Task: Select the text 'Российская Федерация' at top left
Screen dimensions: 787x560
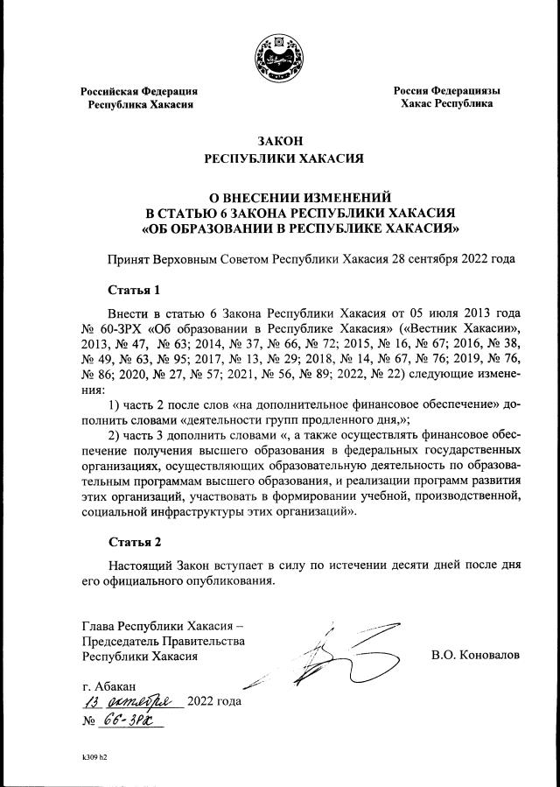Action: click(x=139, y=91)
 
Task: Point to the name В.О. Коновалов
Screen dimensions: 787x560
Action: click(x=475, y=654)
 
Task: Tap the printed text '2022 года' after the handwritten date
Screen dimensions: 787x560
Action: click(x=214, y=702)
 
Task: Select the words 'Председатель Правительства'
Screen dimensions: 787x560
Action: click(x=163, y=641)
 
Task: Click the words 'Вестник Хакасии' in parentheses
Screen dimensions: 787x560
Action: click(x=477, y=327)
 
